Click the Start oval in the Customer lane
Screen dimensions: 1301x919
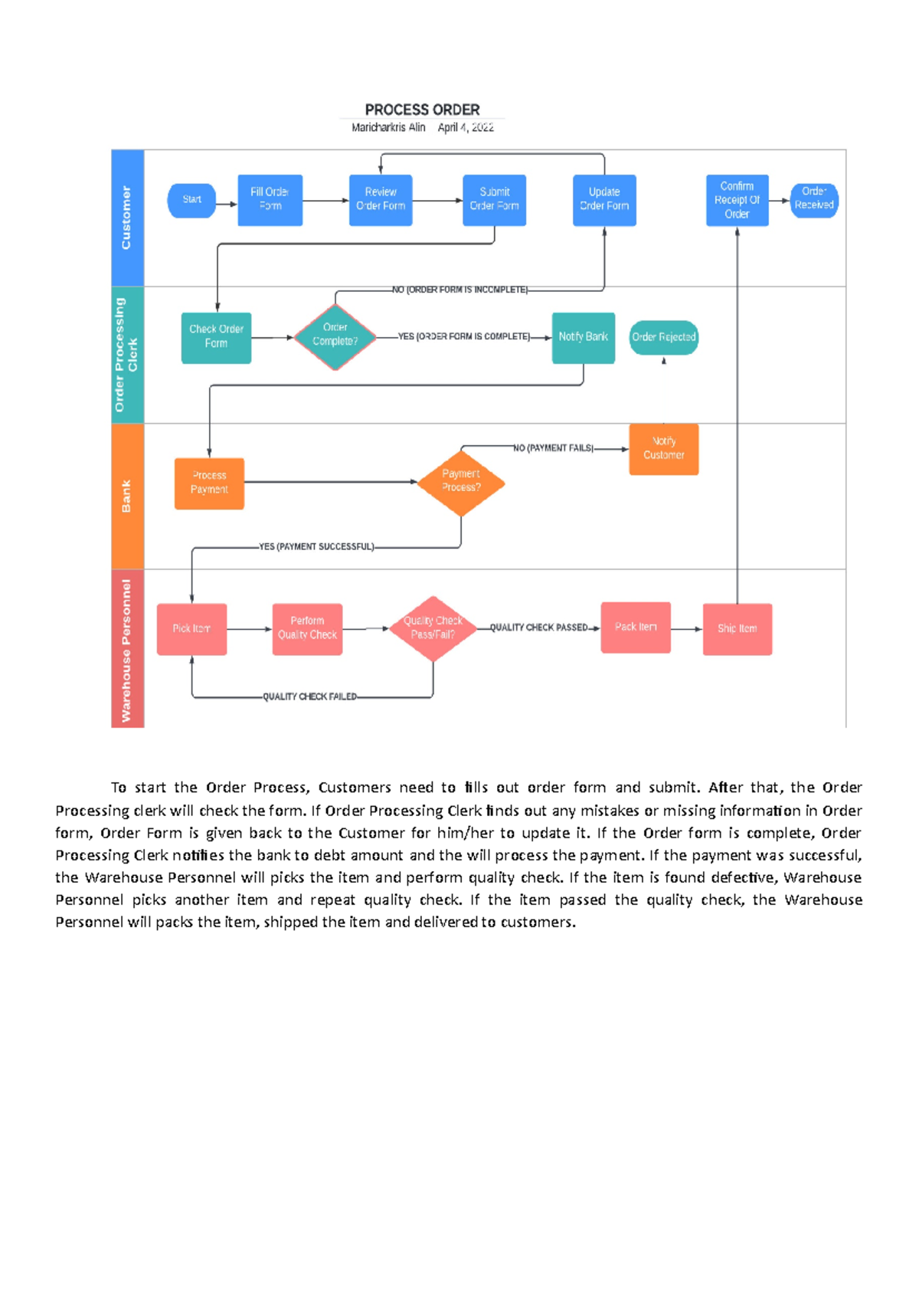[191, 200]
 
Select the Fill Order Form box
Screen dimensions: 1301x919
[270, 200]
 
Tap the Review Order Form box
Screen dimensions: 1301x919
[381, 200]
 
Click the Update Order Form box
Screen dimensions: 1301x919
[604, 200]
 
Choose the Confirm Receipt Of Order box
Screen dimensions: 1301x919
[737, 200]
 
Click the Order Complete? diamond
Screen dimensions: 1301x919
[335, 336]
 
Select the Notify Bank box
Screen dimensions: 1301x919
[583, 337]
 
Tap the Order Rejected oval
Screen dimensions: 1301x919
[663, 337]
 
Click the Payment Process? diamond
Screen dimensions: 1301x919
[461, 482]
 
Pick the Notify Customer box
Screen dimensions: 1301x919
[663, 449]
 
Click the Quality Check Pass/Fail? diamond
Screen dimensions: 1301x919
[433, 628]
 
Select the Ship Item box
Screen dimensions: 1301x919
[737, 629]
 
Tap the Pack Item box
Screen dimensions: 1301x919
[636, 628]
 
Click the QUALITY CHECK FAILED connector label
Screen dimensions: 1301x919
[309, 696]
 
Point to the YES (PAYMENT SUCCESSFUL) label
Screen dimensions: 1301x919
[316, 547]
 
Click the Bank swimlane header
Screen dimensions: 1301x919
[127, 496]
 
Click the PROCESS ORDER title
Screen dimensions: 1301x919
[422, 110]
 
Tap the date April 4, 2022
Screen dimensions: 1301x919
[466, 128]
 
